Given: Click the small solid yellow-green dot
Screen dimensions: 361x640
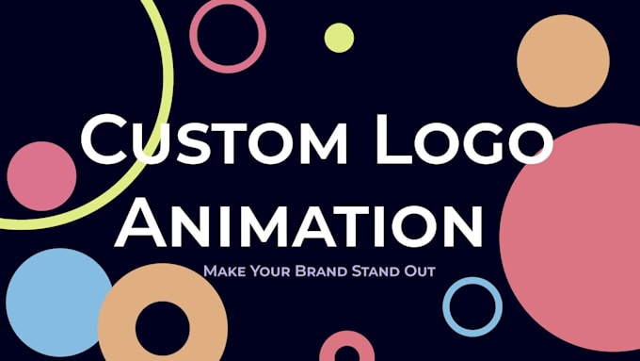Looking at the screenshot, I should point(339,38).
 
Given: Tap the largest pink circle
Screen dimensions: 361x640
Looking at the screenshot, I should point(574,226).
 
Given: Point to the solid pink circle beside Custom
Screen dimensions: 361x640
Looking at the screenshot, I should point(41,176).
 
